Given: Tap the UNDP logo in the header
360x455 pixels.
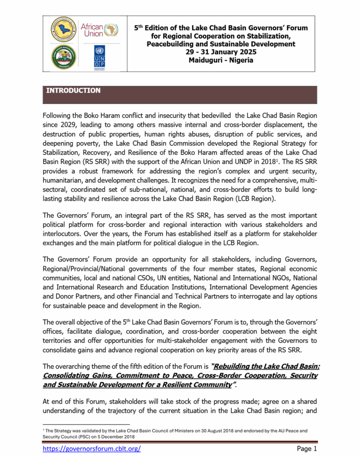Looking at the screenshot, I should coord(99,56).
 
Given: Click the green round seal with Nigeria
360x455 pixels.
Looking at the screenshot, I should coord(63,57).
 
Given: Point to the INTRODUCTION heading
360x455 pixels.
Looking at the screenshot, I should coord(73,91).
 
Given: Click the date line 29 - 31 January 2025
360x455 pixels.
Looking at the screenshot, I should coord(221,52).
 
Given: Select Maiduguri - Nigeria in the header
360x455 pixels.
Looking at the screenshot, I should coord(221,60).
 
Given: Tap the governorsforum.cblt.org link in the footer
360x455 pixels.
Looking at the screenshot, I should coord(91,448).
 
